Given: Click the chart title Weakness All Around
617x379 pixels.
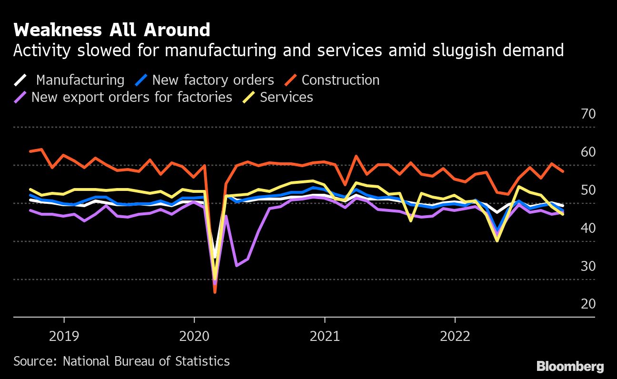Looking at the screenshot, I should pyautogui.click(x=112, y=30).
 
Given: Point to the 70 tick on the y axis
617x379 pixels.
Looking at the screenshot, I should pyautogui.click(x=588, y=114).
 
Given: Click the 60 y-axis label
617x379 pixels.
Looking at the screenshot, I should pyautogui.click(x=588, y=152).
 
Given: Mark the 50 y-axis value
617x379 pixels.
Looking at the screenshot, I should pyautogui.click(x=588, y=190).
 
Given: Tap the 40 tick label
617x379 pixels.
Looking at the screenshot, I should pyautogui.click(x=588, y=229).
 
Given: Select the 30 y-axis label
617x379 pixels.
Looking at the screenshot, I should pyautogui.click(x=588, y=266).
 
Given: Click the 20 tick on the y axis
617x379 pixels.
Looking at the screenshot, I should pyautogui.click(x=588, y=304).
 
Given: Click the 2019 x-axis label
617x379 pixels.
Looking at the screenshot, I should pyautogui.click(x=64, y=337).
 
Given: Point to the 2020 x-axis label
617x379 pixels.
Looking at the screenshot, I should pyautogui.click(x=194, y=337).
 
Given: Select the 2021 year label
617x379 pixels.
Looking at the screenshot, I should pyautogui.click(x=325, y=337).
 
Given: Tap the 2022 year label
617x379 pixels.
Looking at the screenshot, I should pyautogui.click(x=455, y=337).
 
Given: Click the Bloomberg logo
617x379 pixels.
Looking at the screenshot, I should pyautogui.click(x=570, y=366).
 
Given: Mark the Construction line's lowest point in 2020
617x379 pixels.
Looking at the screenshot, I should pyautogui.click(x=215, y=292).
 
